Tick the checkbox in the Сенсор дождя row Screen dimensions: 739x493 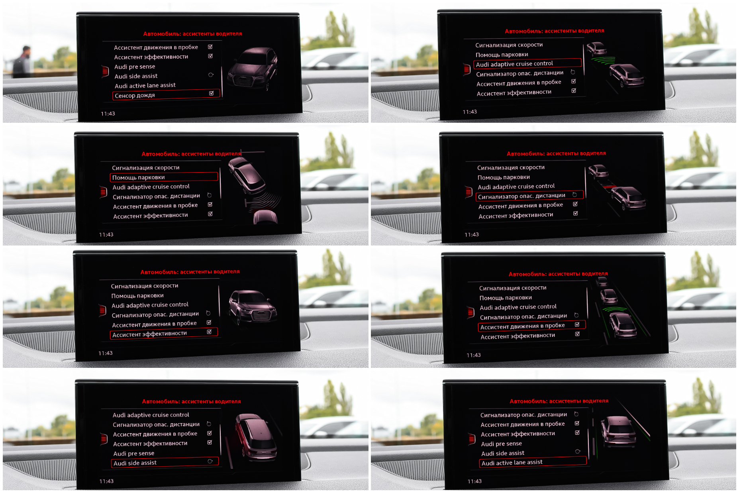(x=212, y=93)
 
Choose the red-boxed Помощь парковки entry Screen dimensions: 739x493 (x=164, y=177)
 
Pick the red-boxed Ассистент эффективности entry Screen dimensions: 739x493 (x=164, y=334)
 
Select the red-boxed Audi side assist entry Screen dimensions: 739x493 (x=165, y=462)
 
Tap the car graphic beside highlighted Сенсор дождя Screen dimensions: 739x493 (x=252, y=69)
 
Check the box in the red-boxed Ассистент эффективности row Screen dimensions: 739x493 (x=209, y=332)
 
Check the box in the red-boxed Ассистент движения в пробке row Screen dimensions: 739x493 (x=577, y=324)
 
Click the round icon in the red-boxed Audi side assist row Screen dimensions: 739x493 (x=210, y=461)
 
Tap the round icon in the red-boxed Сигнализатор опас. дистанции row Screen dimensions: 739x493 (x=574, y=194)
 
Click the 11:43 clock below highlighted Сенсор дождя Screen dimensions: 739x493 (x=108, y=114)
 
